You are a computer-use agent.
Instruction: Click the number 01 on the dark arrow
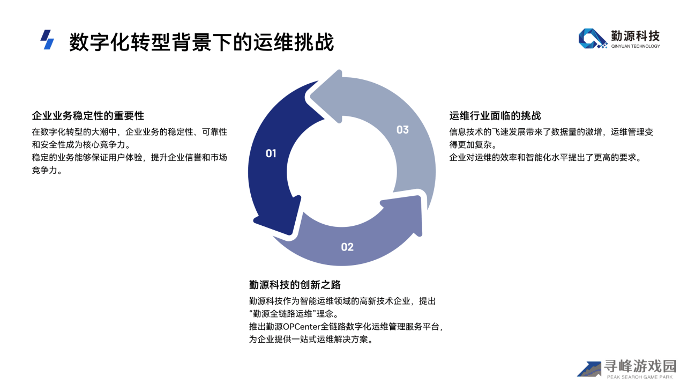271,153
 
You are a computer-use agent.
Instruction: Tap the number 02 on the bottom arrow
347,247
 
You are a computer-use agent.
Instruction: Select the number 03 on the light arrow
402,130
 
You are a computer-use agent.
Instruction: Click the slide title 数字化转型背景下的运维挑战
201,42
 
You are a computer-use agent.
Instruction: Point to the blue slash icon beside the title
47,40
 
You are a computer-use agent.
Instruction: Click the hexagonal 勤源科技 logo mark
593,39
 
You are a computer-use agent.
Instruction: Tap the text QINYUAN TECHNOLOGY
636,46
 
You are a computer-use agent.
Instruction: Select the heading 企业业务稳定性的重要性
88,115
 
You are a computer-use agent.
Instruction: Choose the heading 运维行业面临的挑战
495,115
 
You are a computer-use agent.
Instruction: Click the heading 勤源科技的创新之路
295,284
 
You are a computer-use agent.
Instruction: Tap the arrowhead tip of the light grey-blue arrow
312,95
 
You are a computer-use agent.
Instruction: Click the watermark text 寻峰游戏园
640,366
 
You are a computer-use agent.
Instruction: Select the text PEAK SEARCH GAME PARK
640,377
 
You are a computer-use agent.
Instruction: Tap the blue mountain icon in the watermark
589,370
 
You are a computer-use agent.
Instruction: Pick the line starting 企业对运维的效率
546,158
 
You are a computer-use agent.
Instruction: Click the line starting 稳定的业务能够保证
129,158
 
